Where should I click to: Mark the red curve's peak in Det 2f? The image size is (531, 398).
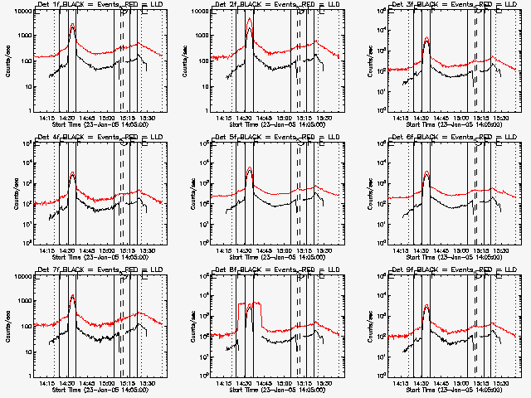point(250,18)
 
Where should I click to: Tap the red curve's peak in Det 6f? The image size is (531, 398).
point(426,171)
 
